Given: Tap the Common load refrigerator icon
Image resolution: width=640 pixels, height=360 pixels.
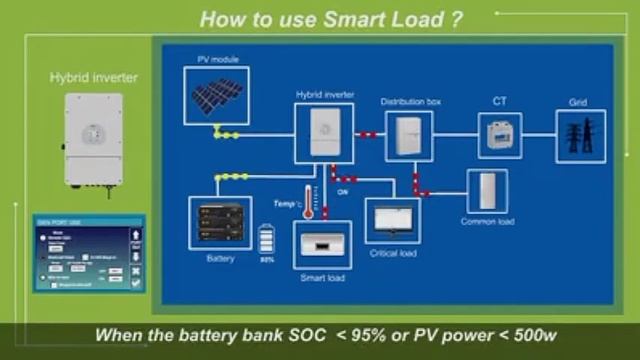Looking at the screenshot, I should coord(487,191).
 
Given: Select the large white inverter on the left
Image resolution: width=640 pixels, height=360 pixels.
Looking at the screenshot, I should coord(94,140).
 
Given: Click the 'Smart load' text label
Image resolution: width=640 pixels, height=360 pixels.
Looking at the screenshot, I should coord(322,277).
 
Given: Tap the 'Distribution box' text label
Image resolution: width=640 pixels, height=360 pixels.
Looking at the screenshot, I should coord(409,102).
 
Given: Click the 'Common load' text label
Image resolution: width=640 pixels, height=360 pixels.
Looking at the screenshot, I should coord(487,221).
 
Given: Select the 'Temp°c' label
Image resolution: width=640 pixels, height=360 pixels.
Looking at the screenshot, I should coord(287,203).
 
